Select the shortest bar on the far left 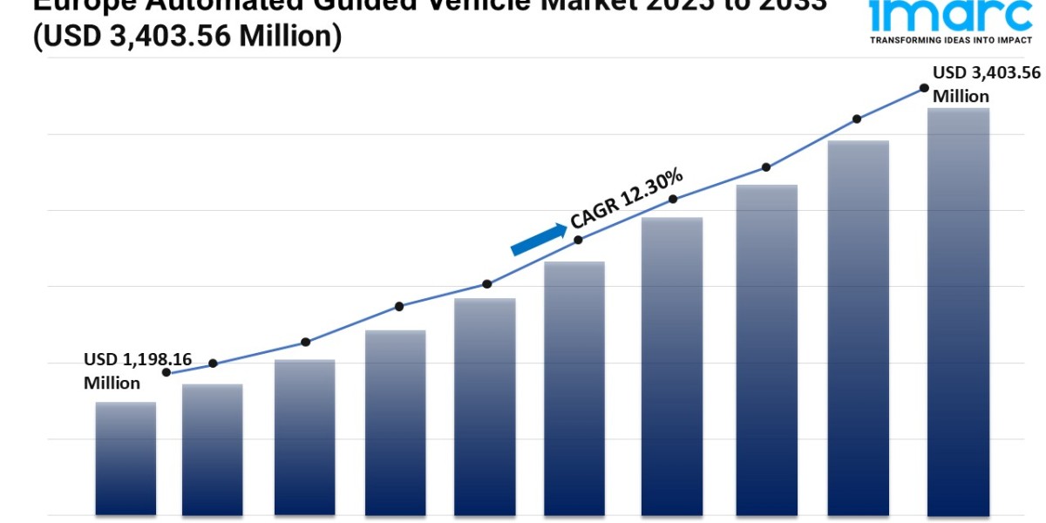tap(126, 458)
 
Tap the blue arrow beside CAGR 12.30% tap(538, 238)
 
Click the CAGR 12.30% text tap(626, 200)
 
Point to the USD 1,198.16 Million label tap(137, 371)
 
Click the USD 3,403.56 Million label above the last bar tap(986, 84)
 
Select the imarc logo tap(950, 15)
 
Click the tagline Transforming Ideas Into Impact tap(950, 40)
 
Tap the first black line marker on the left tap(166, 372)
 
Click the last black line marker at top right tap(923, 88)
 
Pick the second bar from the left tap(213, 449)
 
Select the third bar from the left tap(304, 437)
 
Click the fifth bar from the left tap(485, 406)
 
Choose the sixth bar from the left tap(574, 388)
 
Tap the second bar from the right tap(859, 327)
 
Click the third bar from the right tap(767, 350)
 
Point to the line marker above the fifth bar tap(487, 284)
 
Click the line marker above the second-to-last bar tap(857, 119)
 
